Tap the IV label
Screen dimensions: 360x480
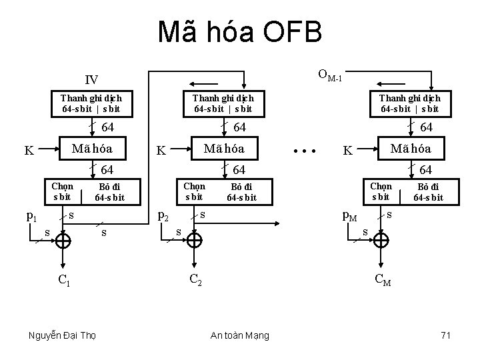[91, 80]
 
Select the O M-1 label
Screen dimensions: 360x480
[330, 75]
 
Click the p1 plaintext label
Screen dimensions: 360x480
[31, 215]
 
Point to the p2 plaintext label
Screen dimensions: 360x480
[161, 215]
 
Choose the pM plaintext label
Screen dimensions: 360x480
[349, 215]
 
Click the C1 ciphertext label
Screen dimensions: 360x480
[64, 280]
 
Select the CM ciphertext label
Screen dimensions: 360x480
[383, 280]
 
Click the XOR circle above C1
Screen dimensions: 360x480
[63, 241]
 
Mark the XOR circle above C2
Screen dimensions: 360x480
[195, 241]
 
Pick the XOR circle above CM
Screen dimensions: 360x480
[382, 241]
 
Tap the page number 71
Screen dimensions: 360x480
[445, 335]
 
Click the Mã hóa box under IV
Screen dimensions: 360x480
[93, 148]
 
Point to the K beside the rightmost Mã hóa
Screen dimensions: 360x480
[347, 151]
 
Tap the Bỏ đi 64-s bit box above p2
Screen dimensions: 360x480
[241, 192]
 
